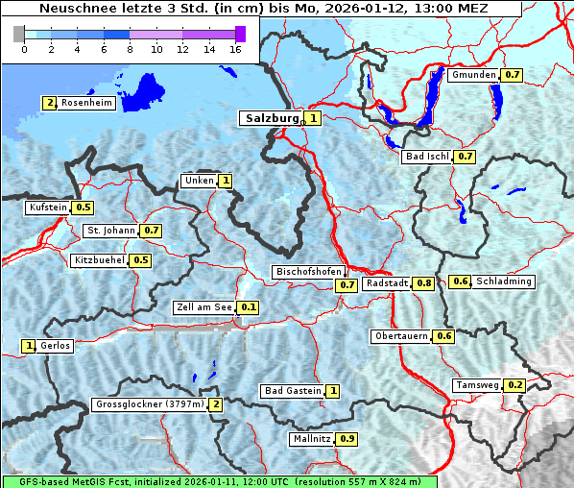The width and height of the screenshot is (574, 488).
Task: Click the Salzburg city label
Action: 272,118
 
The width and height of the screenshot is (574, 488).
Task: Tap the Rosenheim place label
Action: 86,103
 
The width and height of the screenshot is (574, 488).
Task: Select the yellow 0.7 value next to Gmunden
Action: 512,75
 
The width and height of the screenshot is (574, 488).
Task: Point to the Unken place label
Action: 199,181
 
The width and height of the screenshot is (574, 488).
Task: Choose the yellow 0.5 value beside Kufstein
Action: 84,207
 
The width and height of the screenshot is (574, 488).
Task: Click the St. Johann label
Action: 110,231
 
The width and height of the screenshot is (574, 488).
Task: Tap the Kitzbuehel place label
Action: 99,260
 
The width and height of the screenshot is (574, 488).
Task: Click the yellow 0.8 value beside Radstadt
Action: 423,283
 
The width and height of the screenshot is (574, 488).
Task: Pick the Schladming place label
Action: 504,281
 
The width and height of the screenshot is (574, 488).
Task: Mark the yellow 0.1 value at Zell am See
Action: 248,307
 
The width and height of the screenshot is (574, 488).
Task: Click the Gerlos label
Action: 56,346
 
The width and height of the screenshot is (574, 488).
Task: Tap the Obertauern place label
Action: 401,336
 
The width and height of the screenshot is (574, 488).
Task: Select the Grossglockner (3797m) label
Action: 150,404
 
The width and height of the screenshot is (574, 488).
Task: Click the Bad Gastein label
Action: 293,391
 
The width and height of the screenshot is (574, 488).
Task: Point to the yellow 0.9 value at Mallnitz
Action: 347,439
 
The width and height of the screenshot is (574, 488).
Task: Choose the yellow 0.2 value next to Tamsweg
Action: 514,385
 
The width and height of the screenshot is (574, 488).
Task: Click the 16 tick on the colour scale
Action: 234,48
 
